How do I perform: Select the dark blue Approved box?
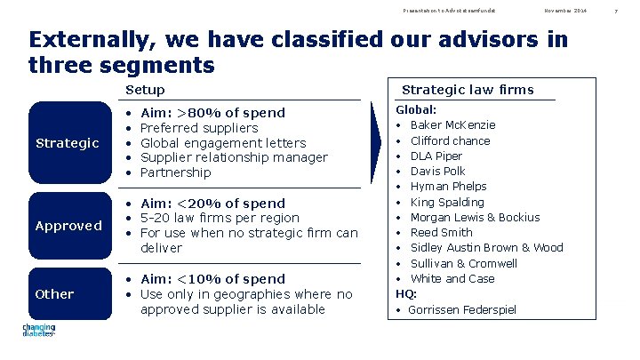point(69,226)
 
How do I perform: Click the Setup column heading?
point(145,90)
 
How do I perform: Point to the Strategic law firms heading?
point(468,89)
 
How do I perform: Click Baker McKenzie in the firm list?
point(452,125)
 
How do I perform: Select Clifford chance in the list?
point(450,140)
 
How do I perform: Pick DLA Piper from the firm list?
point(436,156)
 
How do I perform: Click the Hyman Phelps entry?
point(448,187)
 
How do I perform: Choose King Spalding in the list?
point(447,202)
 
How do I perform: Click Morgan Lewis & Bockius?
point(475,218)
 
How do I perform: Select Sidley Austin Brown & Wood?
point(486,248)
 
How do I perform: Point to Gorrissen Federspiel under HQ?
point(462,310)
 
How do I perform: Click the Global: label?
point(416,110)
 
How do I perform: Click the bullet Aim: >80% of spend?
point(212,113)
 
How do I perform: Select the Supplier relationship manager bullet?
point(234,157)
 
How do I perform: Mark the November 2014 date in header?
point(565,10)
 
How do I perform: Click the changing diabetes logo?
point(38,332)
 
